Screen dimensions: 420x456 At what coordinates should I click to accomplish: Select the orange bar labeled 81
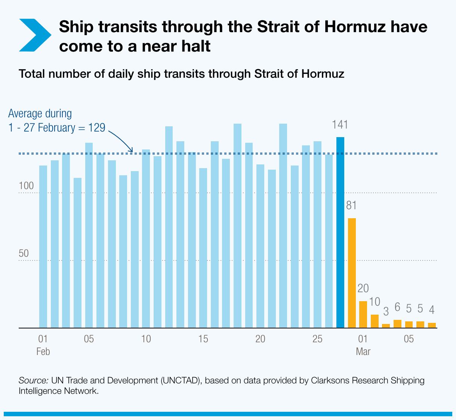(352, 273)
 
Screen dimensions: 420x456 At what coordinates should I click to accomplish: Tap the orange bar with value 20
(363, 314)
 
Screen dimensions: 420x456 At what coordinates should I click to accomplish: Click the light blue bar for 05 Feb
(89, 235)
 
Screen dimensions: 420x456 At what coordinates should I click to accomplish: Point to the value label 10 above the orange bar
(375, 302)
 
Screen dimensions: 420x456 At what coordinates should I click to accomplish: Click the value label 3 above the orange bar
(386, 311)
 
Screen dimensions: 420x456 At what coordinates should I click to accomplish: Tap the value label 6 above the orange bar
(397, 308)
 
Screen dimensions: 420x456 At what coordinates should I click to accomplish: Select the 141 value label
(340, 124)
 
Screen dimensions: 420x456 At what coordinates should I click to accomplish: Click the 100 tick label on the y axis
(26, 186)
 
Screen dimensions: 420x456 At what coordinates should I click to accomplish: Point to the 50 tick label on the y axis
(24, 253)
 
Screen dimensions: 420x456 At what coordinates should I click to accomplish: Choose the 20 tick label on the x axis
(260, 339)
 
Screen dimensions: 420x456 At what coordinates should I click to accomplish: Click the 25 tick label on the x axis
(317, 339)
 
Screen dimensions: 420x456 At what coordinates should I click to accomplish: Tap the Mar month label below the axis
(363, 352)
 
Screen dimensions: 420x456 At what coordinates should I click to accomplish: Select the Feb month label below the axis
(43, 352)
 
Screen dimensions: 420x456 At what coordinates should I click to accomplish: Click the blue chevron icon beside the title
(34, 35)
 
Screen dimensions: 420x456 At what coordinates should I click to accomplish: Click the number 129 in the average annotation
(97, 128)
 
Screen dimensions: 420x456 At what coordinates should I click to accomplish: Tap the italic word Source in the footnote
(33, 380)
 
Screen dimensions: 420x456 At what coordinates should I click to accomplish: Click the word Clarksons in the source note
(326, 380)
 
